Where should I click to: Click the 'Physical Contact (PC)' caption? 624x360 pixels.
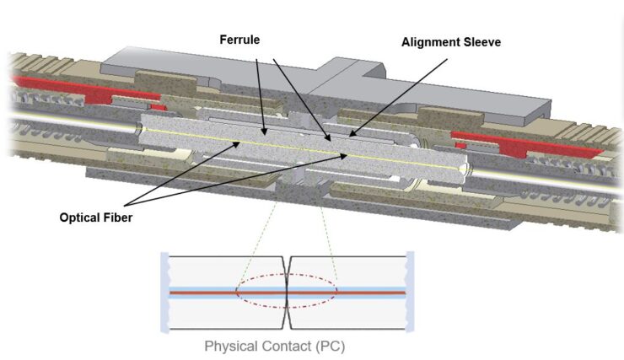click(275, 346)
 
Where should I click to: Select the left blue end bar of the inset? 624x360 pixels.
click(164, 290)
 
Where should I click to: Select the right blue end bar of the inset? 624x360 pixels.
click(409, 290)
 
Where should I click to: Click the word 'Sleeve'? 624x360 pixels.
click(481, 42)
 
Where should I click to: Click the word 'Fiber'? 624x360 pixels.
click(116, 217)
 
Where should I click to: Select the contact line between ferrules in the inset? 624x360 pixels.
click(288, 312)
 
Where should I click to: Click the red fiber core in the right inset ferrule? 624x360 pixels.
click(354, 293)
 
